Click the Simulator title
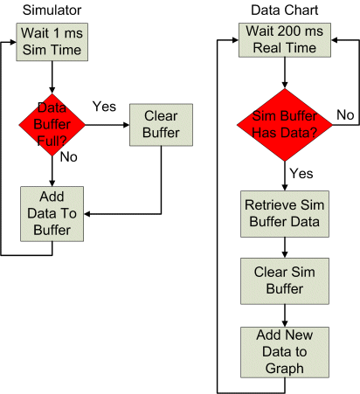click(x=52, y=10)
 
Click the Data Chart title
click(x=285, y=10)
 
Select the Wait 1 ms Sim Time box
click(x=52, y=42)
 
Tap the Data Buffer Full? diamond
click(x=52, y=125)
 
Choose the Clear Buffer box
click(x=161, y=125)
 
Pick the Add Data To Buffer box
click(x=52, y=214)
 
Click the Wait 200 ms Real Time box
click(x=285, y=40)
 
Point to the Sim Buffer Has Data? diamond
click(x=285, y=125)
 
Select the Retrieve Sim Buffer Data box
click(x=285, y=214)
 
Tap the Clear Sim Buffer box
click(x=285, y=281)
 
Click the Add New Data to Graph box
click(x=285, y=352)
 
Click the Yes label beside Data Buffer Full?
click(x=104, y=107)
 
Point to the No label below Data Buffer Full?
click(x=69, y=157)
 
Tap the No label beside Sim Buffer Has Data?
click(x=345, y=115)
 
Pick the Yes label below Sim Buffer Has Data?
click(x=301, y=174)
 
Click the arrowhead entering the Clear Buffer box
click(x=127, y=125)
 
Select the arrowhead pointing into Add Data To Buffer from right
click(x=87, y=214)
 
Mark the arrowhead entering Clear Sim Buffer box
click(x=285, y=255)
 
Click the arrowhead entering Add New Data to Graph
click(x=285, y=324)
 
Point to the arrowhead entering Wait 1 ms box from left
click(x=13, y=42)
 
